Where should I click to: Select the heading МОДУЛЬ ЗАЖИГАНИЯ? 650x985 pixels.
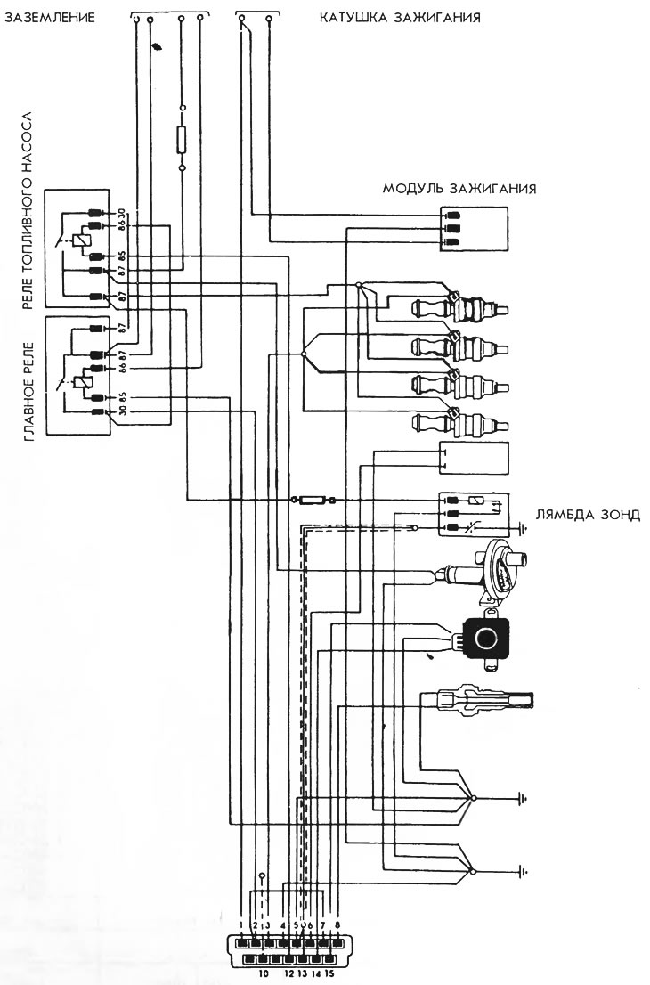pyautogui.click(x=459, y=189)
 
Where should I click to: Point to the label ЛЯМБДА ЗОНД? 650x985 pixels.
pyautogui.click(x=588, y=515)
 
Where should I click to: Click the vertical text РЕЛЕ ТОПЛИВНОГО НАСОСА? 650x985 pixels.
pyautogui.click(x=27, y=212)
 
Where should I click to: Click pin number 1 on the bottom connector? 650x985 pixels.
pyautogui.click(x=241, y=925)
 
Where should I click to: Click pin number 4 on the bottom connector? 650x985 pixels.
pyautogui.click(x=282, y=925)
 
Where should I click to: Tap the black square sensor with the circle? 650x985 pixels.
pyautogui.click(x=485, y=638)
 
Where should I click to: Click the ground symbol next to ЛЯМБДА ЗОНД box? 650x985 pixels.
pyautogui.click(x=523, y=528)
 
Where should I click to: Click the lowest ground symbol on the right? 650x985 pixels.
pyautogui.click(x=523, y=870)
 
